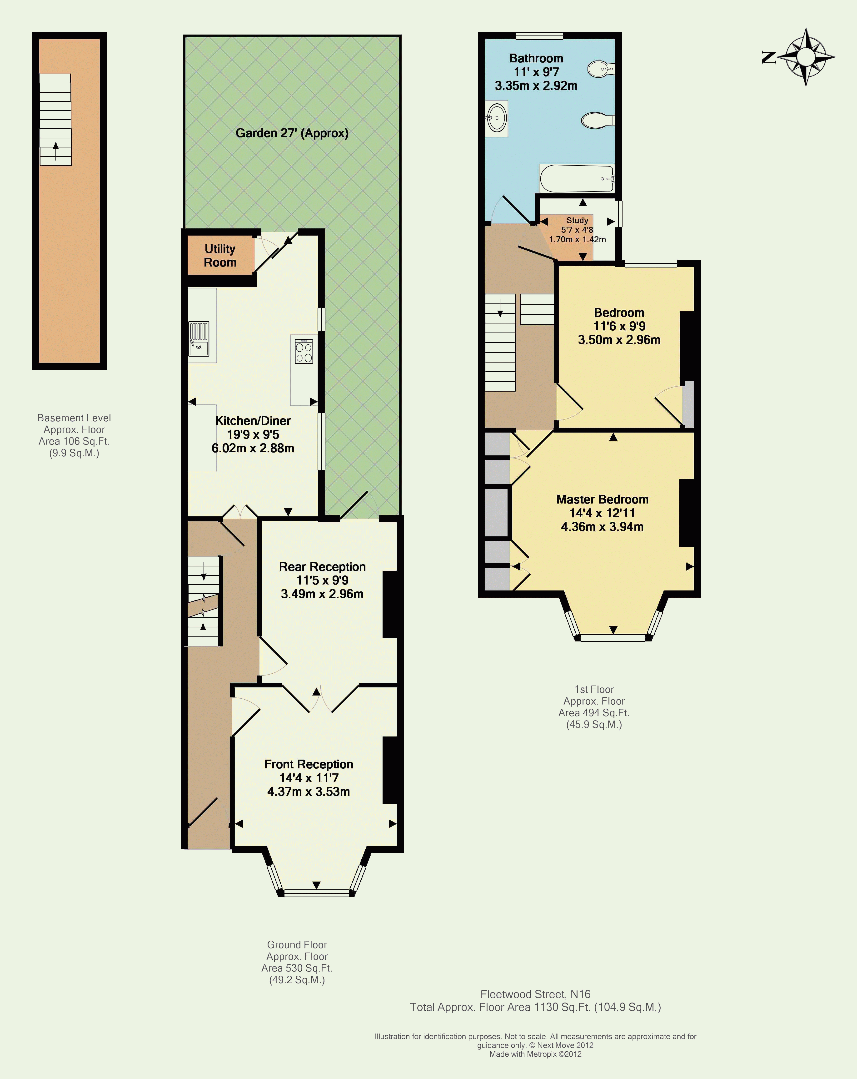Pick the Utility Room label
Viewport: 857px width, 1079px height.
point(220,256)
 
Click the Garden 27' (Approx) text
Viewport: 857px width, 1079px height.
point(292,133)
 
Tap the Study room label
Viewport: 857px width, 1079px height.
point(577,220)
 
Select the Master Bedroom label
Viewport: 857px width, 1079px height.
point(602,499)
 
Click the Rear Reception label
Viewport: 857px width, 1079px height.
point(322,567)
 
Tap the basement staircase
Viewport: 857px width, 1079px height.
point(55,120)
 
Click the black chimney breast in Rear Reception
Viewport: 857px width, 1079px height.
point(390,605)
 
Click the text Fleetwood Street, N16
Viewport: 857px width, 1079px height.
point(535,994)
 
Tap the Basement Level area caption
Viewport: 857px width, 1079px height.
point(74,435)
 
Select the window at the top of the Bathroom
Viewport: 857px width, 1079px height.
point(539,35)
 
